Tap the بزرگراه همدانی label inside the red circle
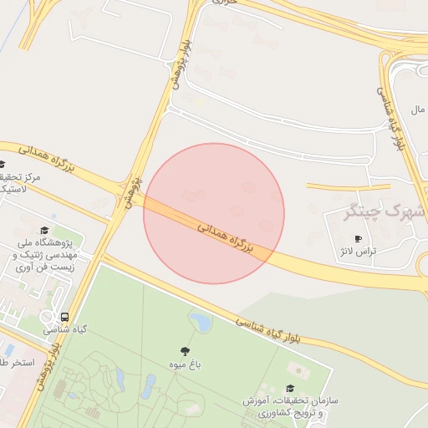click(226, 237)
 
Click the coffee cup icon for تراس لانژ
click(359, 238)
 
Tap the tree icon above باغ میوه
click(185, 351)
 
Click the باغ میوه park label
click(185, 364)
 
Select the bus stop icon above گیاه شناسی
click(64, 317)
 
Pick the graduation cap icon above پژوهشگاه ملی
click(44, 230)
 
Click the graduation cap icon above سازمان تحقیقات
click(289, 388)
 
